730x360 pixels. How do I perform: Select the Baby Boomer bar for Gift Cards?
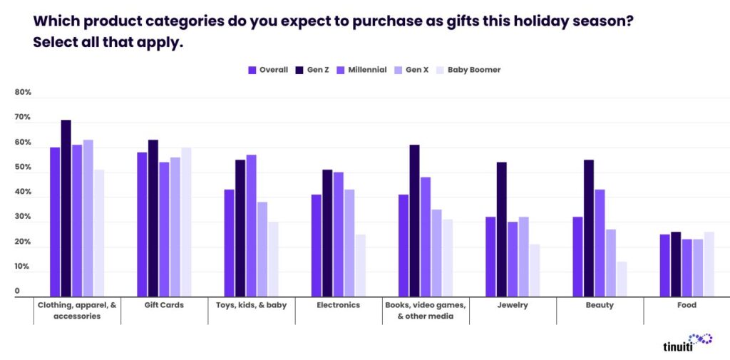(186, 222)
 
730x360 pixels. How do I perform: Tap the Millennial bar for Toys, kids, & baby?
(251, 225)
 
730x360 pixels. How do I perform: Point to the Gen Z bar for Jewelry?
(502, 229)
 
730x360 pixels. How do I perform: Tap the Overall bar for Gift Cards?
(143, 224)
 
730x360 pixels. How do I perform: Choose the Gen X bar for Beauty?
(611, 262)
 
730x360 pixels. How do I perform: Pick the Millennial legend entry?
(362, 70)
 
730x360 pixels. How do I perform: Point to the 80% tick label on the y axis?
(24, 93)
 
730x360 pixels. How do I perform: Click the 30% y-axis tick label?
(24, 217)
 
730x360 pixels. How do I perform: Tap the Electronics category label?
(339, 305)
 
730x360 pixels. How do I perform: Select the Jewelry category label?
(513, 305)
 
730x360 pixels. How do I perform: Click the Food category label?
(687, 305)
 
